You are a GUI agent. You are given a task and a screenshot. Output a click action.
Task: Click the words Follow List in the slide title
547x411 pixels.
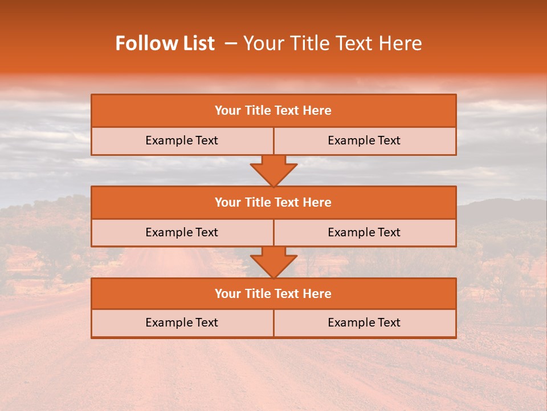click(165, 43)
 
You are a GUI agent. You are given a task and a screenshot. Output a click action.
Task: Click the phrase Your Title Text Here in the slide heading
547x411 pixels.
click(332, 43)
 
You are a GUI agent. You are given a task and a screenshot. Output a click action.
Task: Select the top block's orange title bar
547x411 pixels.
click(273, 111)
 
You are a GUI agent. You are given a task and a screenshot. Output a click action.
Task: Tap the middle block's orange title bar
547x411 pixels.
click(273, 203)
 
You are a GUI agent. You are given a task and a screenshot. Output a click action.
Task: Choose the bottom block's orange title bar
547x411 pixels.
click(273, 294)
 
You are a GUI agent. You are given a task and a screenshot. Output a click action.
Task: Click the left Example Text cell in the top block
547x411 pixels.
click(182, 141)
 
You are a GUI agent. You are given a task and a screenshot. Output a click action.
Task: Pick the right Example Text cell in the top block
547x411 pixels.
click(365, 141)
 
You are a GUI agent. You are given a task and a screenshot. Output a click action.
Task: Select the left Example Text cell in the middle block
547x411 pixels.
click(182, 233)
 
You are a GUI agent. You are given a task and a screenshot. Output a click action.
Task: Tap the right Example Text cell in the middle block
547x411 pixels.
click(365, 233)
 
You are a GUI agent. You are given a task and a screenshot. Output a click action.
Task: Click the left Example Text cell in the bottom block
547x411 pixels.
click(182, 323)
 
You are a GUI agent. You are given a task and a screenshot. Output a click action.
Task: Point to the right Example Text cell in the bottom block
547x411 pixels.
click(365, 323)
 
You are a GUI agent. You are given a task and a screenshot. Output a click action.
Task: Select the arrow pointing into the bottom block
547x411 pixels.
click(273, 262)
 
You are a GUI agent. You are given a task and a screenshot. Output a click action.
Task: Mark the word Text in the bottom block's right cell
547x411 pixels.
click(388, 323)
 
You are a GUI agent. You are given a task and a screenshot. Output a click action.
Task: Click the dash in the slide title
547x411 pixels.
click(231, 43)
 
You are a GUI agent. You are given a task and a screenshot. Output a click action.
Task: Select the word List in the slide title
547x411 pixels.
click(197, 43)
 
